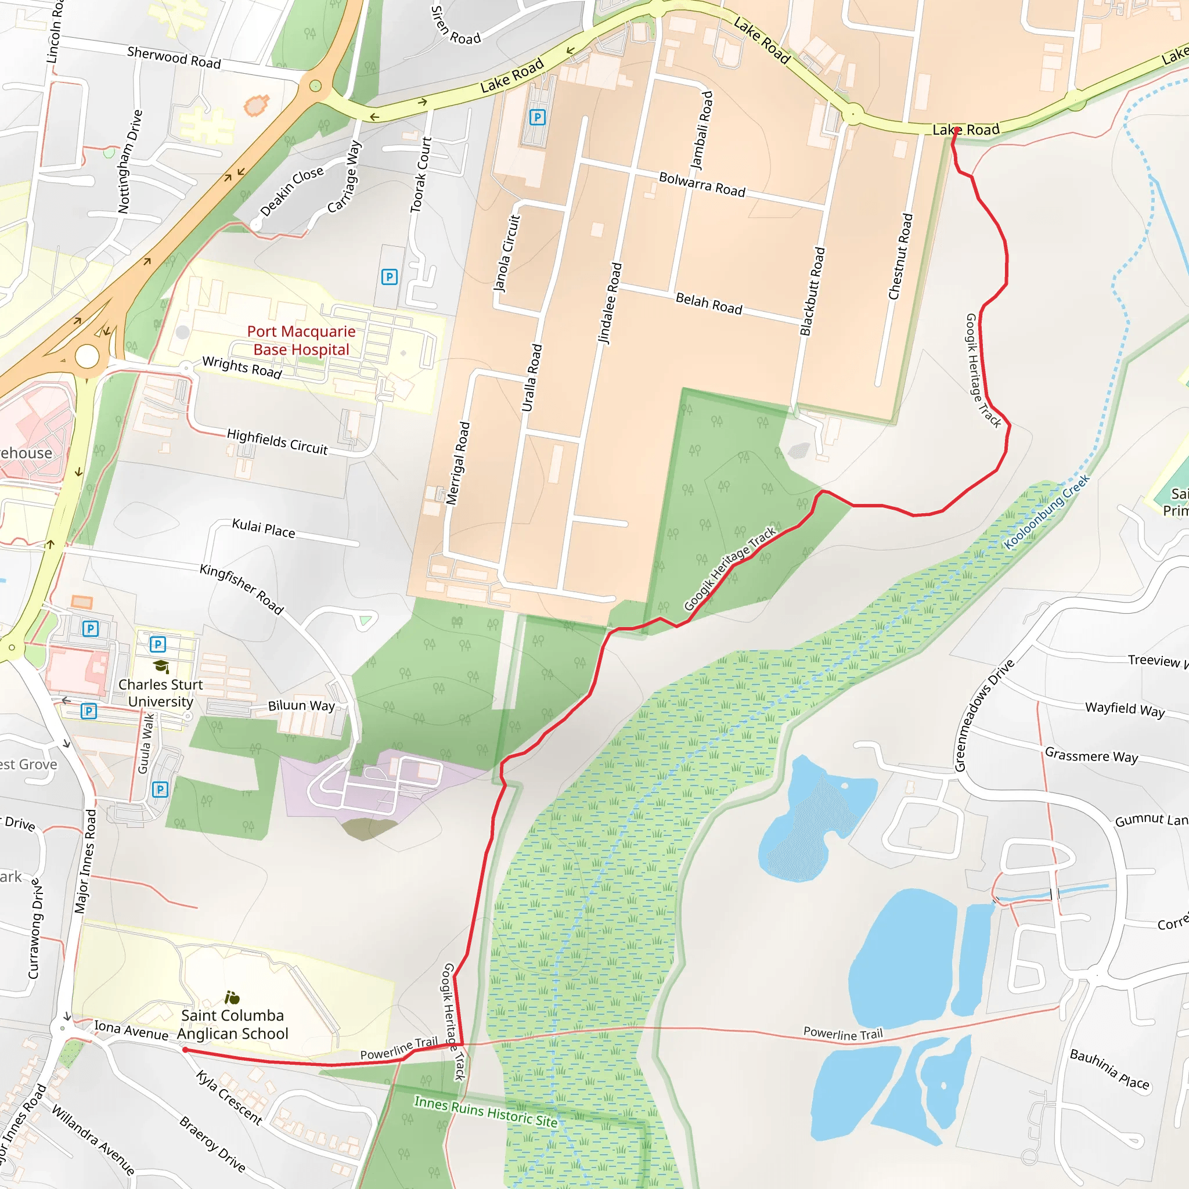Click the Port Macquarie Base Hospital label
pos(301,340)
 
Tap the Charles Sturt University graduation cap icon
pos(161,666)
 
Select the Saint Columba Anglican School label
pos(233,1024)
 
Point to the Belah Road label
pos(709,304)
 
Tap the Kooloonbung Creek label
pos(1046,511)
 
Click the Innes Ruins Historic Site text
pos(485,1111)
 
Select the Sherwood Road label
pos(174,58)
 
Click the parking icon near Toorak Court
pos(389,277)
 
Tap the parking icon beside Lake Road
pos(537,117)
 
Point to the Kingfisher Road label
pos(242,589)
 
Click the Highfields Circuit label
pos(277,441)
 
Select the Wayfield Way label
pos(1125,709)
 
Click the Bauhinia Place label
pos(1109,1069)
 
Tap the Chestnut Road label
pos(900,257)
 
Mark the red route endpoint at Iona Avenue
pos(185,1050)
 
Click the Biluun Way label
pos(301,705)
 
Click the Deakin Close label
pos(291,192)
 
